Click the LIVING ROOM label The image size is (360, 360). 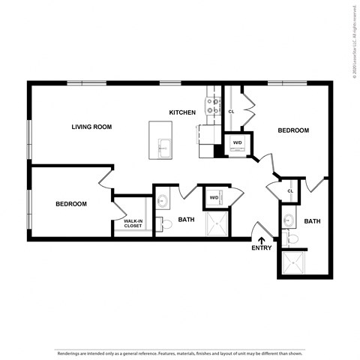(x=91, y=127)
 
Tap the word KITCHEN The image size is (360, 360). (x=182, y=112)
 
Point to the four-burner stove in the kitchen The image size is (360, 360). (x=214, y=106)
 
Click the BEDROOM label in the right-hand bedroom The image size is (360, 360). (x=293, y=130)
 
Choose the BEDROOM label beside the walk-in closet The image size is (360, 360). (x=71, y=204)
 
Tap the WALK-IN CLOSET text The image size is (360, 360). (x=134, y=223)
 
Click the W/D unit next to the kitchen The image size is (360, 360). (x=238, y=143)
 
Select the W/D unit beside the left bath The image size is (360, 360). (x=214, y=198)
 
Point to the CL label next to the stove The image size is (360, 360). (x=231, y=112)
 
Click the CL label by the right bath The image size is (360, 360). (x=290, y=191)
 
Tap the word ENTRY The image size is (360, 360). (x=262, y=248)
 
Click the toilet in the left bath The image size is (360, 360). (x=160, y=222)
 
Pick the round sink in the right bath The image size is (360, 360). (x=288, y=220)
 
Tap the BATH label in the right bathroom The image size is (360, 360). (x=313, y=221)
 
